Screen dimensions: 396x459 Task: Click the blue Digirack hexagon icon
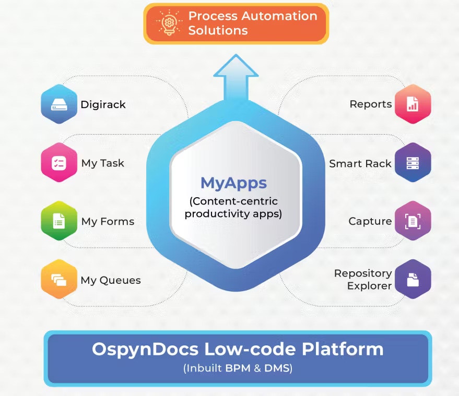[x=59, y=104]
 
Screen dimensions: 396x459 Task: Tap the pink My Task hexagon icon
[x=59, y=163]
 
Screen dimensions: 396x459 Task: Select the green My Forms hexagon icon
[x=59, y=221]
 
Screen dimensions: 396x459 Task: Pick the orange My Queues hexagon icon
[x=59, y=280]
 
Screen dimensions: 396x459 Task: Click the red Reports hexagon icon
[x=413, y=104]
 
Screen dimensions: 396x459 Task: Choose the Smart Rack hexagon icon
[x=413, y=163]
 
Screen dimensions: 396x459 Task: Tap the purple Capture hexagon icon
[x=413, y=221]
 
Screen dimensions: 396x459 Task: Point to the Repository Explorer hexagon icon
[x=413, y=280]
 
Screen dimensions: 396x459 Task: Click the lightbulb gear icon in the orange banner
[x=168, y=23]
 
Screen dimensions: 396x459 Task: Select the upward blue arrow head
[x=236, y=65]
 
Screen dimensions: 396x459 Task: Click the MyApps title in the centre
[x=233, y=183]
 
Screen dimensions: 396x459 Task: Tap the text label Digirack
[x=103, y=104]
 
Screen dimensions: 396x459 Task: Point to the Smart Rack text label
[x=360, y=163]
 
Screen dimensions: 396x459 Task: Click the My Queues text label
[x=111, y=280]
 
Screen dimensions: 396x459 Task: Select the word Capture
[x=370, y=221]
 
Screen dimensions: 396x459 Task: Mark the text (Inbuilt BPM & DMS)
[x=238, y=368]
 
